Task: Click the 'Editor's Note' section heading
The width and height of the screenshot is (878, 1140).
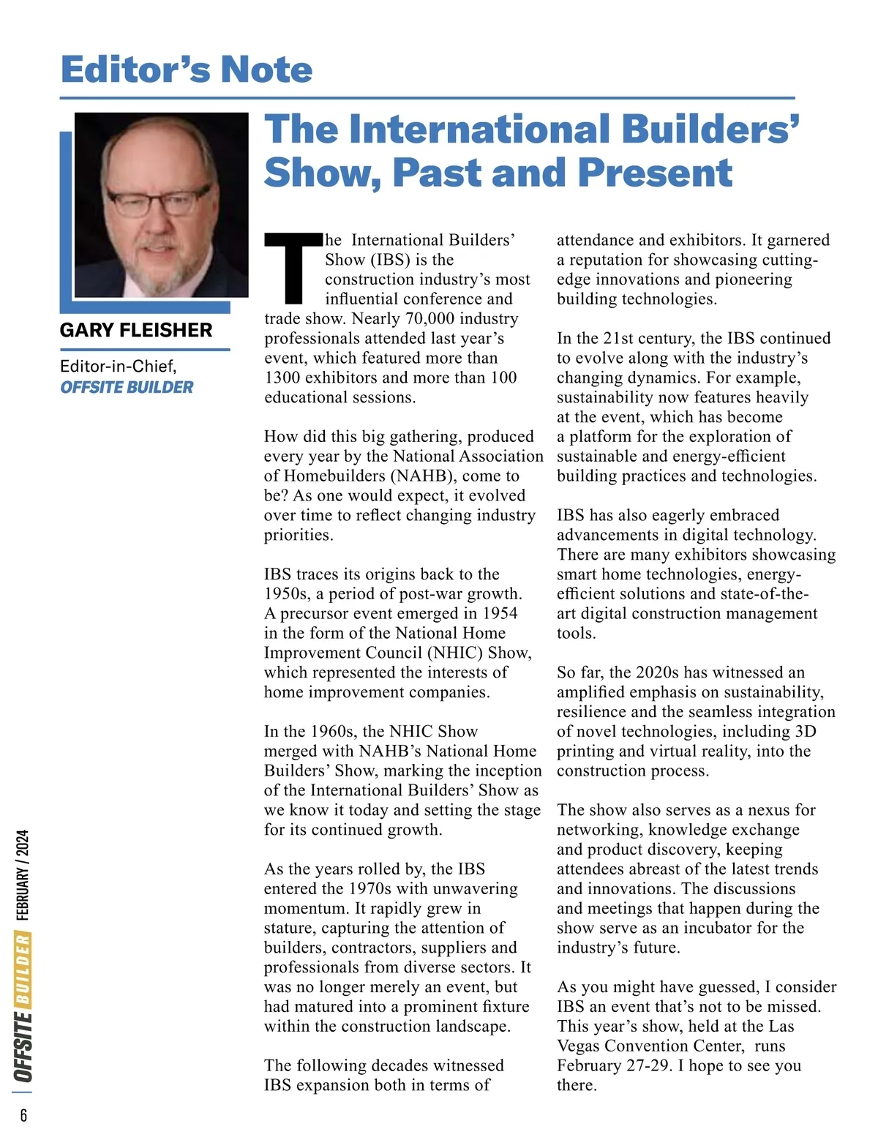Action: (187, 70)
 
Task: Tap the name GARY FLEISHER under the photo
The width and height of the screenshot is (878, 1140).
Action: (136, 330)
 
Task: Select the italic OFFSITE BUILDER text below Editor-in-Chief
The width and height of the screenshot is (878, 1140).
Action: (127, 387)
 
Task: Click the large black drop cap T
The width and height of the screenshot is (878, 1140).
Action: (293, 268)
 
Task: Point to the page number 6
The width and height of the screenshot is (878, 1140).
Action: (23, 1115)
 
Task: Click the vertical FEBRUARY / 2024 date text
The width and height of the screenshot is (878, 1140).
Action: (23, 874)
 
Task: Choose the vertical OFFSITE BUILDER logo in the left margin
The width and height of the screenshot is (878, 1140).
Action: (23, 1008)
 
